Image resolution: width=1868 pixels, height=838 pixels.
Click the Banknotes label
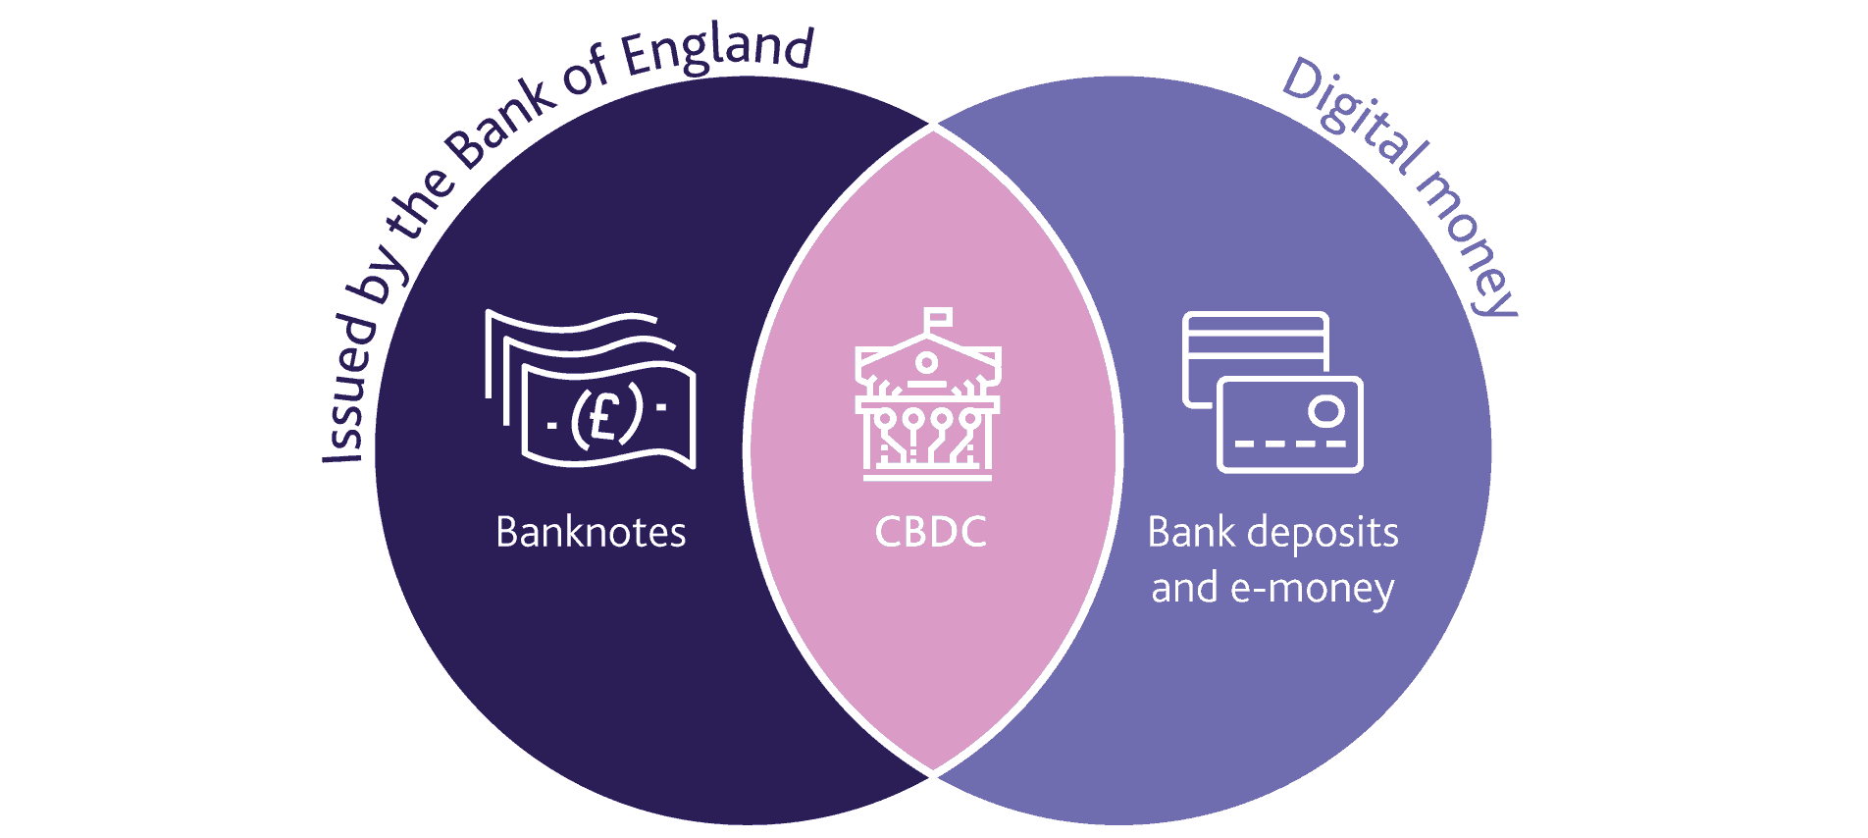coord(591,533)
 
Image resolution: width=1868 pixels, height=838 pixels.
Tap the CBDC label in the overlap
coord(930,533)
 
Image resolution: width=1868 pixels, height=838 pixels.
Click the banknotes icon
coord(591,390)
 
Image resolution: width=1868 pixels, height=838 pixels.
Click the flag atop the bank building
coord(939,317)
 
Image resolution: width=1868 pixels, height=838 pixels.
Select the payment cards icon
coord(1272,392)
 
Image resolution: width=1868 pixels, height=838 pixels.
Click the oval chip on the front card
coord(1326,411)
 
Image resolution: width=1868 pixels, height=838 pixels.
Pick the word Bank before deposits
coord(1191,533)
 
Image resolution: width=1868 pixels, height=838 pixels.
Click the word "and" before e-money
coord(1184,589)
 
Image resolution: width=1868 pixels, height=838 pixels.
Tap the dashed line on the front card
coord(1289,444)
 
